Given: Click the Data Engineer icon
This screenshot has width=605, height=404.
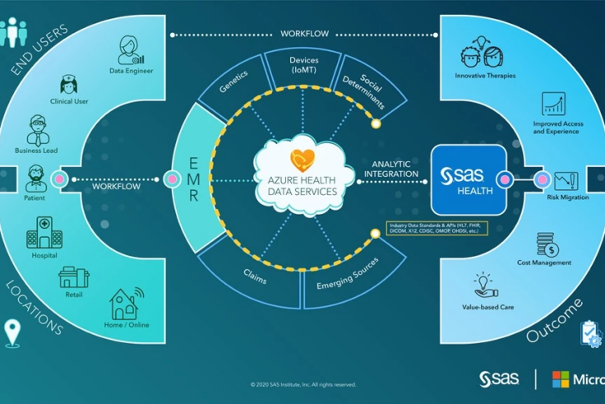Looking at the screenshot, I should pos(130,49).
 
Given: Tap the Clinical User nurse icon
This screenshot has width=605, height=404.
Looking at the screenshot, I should pos(69,85).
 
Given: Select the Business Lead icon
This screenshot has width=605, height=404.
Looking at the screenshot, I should pos(36,130).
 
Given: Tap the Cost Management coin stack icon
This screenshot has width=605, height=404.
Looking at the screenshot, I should pos(546,244).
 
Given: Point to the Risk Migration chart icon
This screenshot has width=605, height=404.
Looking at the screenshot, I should pos(566,181).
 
